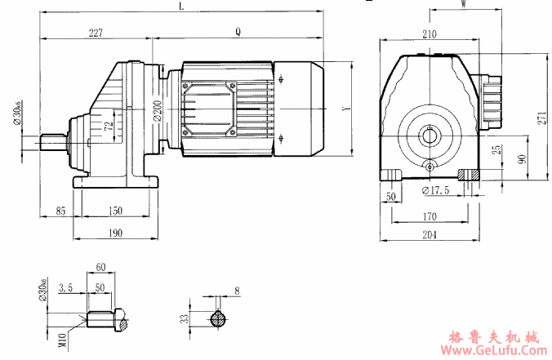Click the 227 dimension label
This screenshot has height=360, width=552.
click(96, 33)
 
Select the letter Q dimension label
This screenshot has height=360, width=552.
click(238, 33)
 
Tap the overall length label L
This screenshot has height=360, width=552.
click(181, 7)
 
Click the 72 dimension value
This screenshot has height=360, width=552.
click(109, 127)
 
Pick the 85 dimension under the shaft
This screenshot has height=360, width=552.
click(60, 211)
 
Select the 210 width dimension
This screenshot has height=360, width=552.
click(430, 34)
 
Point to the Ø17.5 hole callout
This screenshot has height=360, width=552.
click(437, 190)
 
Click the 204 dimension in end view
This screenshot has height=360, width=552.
click(430, 234)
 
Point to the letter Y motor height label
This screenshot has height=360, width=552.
click(346, 108)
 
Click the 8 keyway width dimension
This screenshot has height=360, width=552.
click(237, 290)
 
